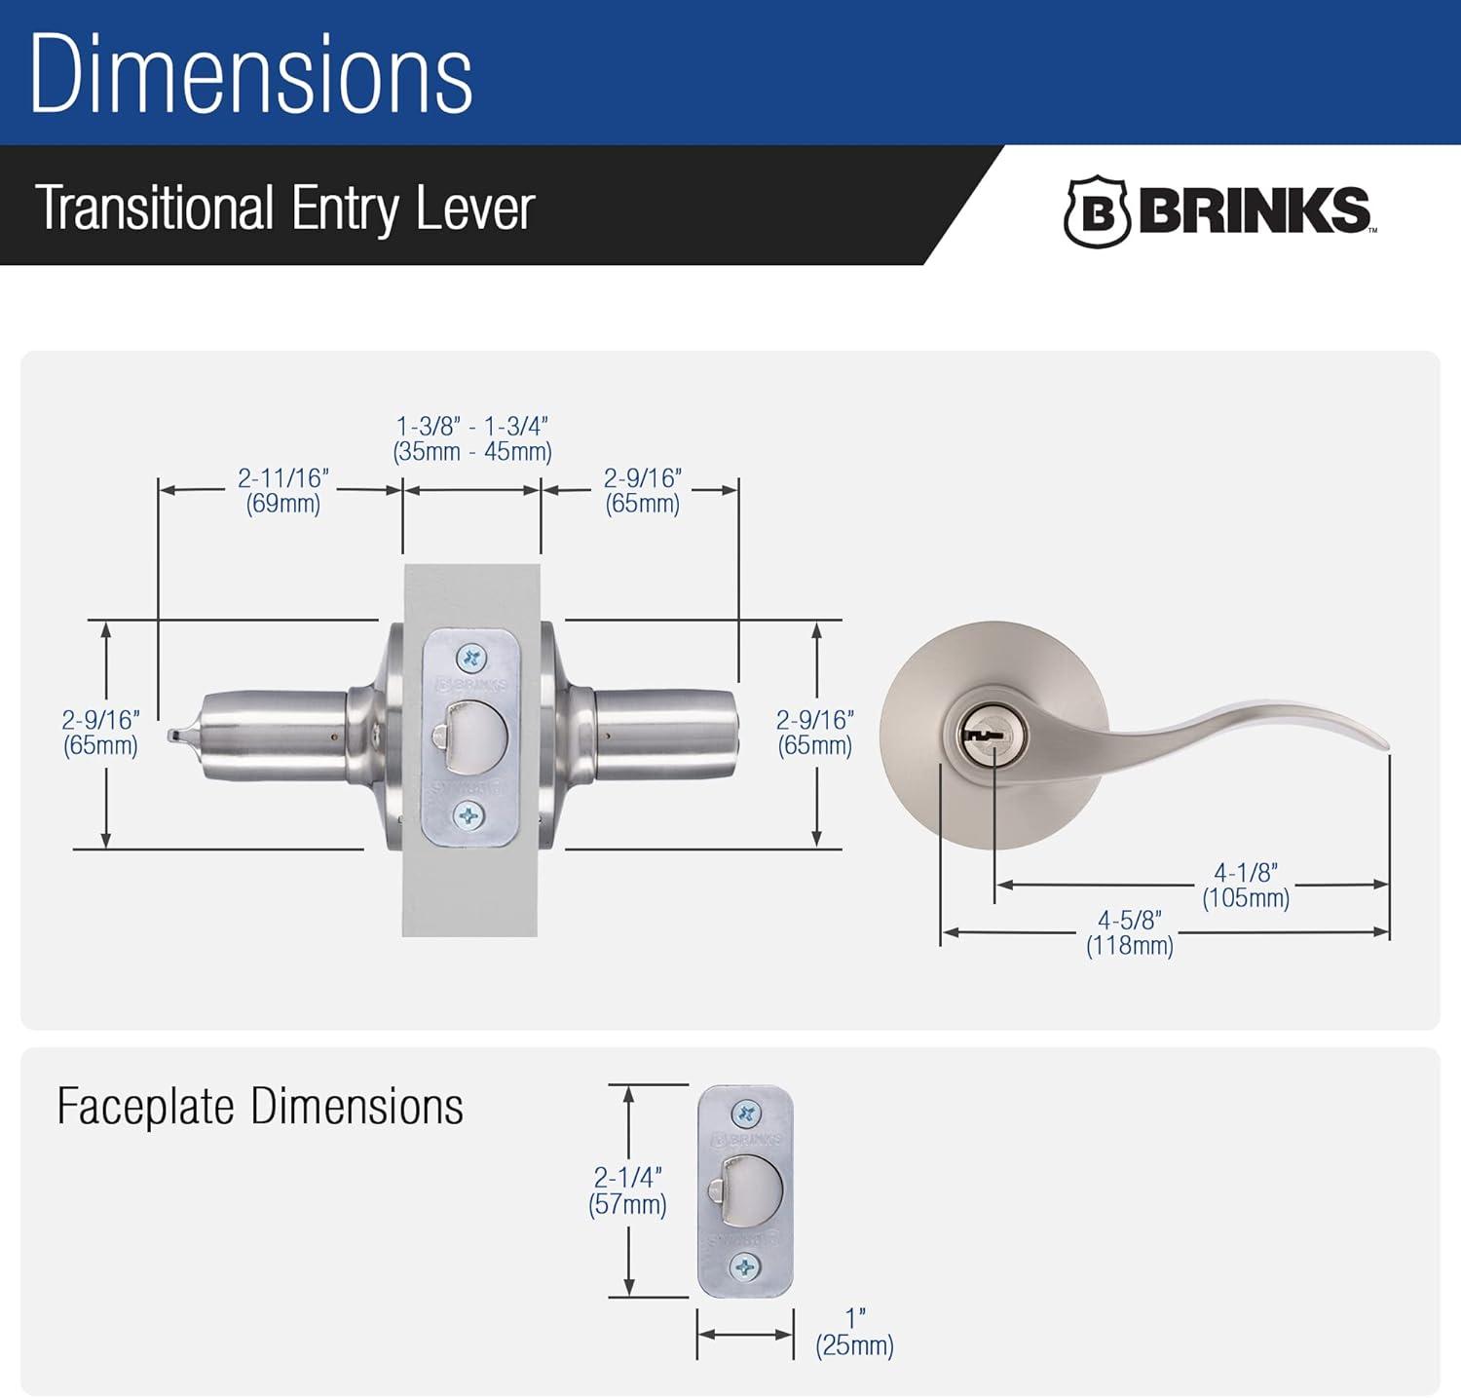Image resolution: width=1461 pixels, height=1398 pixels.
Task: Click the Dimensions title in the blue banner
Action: [x=250, y=74]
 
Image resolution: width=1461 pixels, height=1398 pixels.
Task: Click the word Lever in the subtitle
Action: [x=474, y=208]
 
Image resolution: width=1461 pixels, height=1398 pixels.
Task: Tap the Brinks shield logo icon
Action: [x=1096, y=211]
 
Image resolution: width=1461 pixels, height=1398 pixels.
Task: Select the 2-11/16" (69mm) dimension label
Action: [x=283, y=490]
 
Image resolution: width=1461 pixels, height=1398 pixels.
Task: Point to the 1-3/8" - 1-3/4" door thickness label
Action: [x=472, y=438]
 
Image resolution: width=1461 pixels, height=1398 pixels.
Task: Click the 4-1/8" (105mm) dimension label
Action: [x=1246, y=886]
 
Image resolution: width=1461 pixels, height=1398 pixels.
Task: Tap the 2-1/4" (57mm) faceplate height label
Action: [x=627, y=1190]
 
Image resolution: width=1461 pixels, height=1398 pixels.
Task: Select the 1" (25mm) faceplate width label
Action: [x=854, y=1333]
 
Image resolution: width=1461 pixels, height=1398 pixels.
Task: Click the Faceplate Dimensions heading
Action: [x=260, y=1107]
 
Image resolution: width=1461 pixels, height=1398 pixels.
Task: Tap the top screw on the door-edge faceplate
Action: [x=471, y=659]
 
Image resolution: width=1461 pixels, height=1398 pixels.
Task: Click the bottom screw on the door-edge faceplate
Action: [x=469, y=815]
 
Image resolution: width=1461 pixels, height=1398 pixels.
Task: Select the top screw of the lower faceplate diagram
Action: [x=745, y=1113]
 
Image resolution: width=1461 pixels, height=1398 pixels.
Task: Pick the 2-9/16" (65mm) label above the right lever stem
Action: [x=642, y=490]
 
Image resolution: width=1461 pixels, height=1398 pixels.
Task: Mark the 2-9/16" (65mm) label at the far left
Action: [x=100, y=733]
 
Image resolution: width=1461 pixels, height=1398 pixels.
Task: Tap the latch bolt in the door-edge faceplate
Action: [x=472, y=737]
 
